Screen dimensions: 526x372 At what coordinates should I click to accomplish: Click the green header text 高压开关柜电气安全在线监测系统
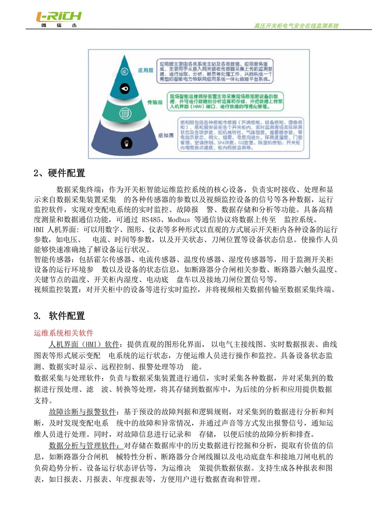[x=296, y=26]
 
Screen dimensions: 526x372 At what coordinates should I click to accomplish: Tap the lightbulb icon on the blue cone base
[x=124, y=143]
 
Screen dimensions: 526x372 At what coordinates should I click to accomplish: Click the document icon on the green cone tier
[x=124, y=113]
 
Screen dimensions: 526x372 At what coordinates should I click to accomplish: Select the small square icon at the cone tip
[x=124, y=72]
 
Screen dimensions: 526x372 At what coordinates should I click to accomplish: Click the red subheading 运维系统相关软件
[x=64, y=333]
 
